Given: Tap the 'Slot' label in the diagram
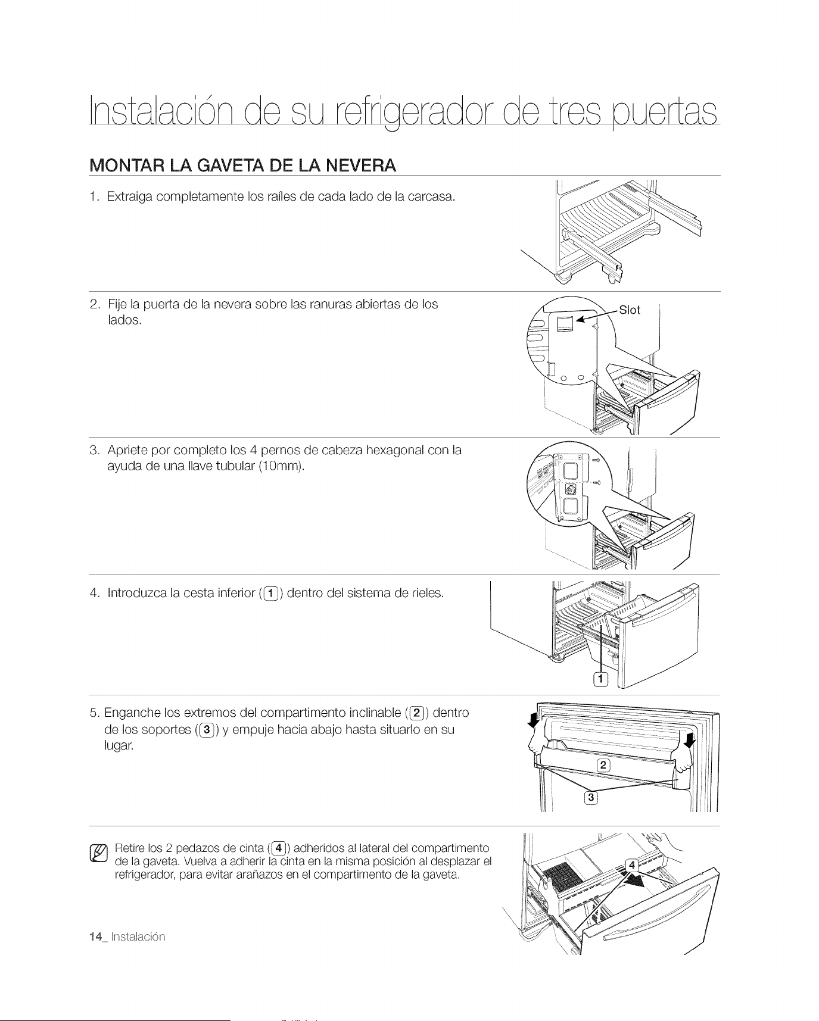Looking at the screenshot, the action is coord(630,310).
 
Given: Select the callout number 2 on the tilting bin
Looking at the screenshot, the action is coord(603,766).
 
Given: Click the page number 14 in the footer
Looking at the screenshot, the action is coord(94,936).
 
